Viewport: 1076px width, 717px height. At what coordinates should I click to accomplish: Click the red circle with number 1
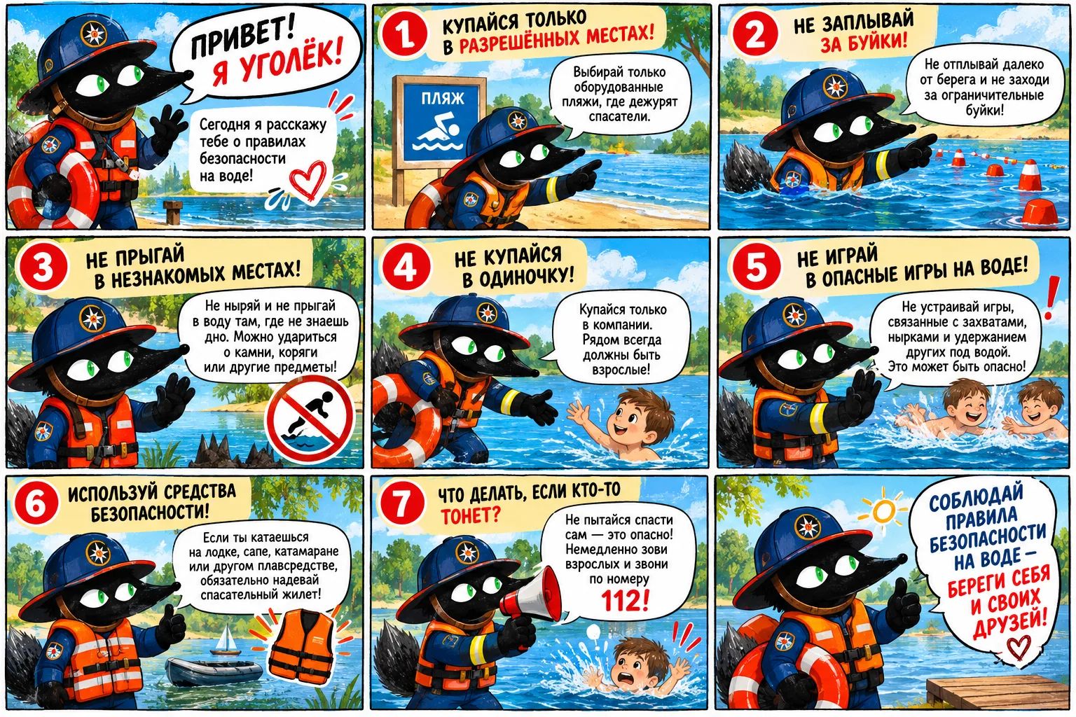point(404,34)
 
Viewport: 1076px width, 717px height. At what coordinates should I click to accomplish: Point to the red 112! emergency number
point(624,600)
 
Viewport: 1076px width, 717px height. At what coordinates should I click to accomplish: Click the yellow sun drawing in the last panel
point(883,511)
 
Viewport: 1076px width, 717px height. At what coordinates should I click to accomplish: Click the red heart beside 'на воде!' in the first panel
point(308,180)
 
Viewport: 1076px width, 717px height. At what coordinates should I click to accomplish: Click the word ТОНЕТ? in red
point(470,516)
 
